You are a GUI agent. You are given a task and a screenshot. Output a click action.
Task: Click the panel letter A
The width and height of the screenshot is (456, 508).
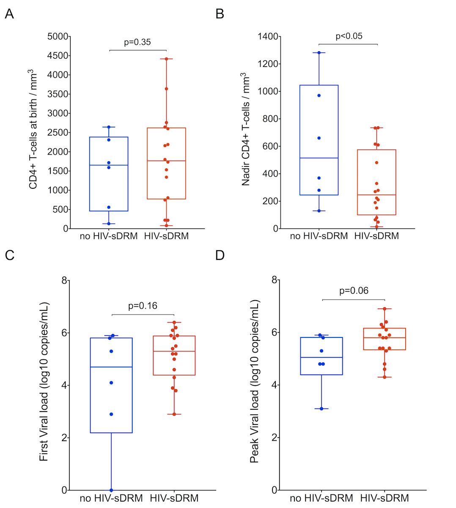(9, 14)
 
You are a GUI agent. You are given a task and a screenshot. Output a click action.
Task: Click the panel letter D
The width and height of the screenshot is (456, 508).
(220, 256)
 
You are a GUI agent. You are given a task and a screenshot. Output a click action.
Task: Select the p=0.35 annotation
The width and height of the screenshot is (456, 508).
(137, 42)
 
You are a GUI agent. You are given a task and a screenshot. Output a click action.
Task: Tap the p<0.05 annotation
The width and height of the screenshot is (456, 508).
(349, 36)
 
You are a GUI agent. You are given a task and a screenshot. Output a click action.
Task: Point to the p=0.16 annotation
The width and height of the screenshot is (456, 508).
(143, 306)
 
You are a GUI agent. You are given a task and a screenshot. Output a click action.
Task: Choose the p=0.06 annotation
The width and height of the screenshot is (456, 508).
(354, 291)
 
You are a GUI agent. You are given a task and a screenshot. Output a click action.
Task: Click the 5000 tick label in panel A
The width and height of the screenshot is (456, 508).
(58, 36)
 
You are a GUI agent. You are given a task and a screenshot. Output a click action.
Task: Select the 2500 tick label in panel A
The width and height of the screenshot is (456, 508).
(58, 133)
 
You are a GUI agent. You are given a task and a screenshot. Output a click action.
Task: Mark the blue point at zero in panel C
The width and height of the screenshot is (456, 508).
(111, 490)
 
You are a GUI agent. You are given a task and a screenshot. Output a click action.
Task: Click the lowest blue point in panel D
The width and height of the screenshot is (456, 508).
(321, 409)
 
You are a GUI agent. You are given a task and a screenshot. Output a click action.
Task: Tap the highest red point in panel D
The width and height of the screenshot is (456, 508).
(384, 309)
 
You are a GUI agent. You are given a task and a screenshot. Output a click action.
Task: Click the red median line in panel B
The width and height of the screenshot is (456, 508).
(376, 195)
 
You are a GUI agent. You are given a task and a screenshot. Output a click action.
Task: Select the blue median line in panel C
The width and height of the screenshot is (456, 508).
(111, 367)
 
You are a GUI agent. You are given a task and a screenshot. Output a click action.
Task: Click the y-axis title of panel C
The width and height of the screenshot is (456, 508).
(44, 382)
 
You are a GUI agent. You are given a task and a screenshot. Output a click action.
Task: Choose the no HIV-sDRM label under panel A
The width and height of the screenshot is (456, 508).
(109, 236)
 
